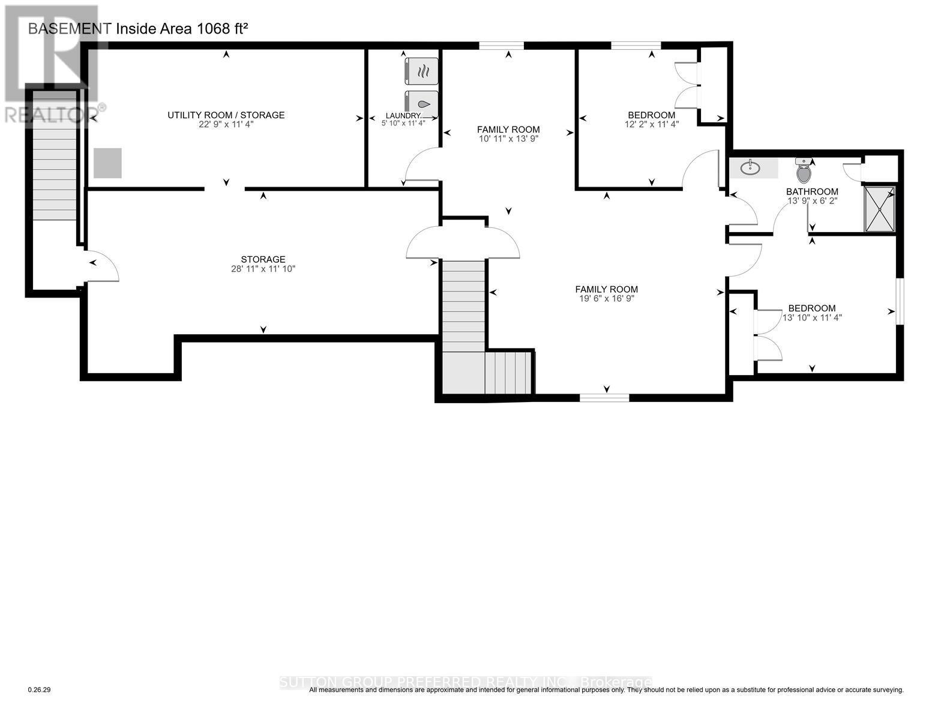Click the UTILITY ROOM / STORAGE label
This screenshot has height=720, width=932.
coord(226,115)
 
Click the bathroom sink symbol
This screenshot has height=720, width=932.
coord(750,168)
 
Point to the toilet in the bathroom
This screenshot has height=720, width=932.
coord(804,172)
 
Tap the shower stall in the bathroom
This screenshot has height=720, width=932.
coord(879,209)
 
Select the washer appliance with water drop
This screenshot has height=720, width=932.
coord(422,104)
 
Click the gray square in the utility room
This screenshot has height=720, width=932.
coord(107,163)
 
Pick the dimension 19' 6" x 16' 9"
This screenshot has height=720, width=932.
coord(606,298)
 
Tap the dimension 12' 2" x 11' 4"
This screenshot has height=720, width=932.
coord(651,124)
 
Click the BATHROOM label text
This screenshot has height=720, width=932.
coord(812,191)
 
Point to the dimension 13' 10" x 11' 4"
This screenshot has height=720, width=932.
coord(812,317)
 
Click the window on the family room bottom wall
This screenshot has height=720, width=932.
coord(604,397)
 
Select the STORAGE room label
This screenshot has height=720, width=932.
coord(263,259)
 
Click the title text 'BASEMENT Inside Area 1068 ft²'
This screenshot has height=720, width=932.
coord(138,28)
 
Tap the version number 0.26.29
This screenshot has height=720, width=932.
coord(40,690)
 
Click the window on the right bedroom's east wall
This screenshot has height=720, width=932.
coord(899,301)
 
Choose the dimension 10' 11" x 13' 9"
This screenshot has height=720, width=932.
coord(508,138)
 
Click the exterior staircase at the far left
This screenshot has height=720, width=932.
coord(54,156)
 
